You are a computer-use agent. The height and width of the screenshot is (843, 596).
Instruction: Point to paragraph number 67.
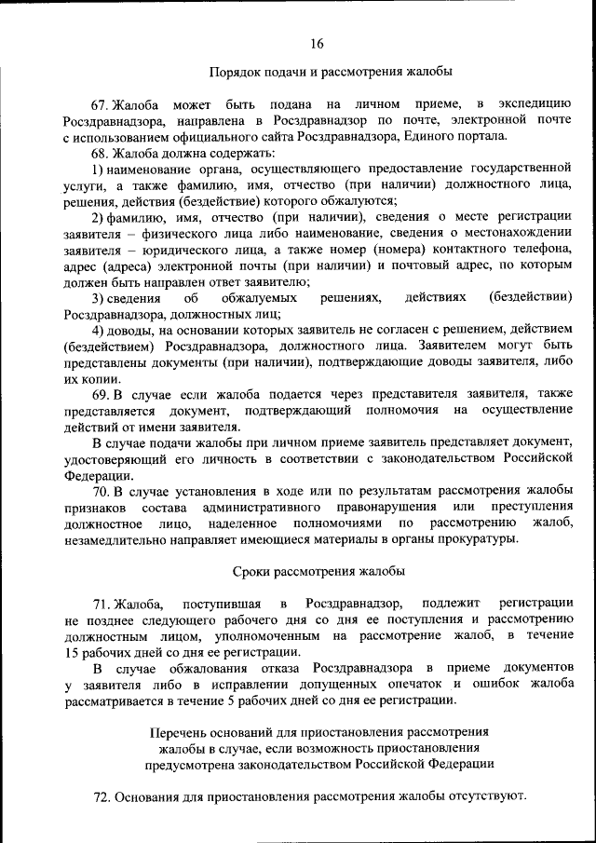(101, 102)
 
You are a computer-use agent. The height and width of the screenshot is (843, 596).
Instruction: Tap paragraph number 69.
(102, 395)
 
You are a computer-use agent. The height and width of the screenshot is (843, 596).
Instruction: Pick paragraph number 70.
(102, 490)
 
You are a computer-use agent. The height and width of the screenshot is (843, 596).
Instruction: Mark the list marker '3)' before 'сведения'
(97, 298)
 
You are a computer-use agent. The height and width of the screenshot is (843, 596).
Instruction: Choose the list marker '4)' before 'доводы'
(97, 331)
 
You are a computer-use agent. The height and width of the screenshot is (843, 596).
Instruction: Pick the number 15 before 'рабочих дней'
(73, 652)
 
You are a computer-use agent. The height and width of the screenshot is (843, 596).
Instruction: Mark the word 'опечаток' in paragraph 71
(416, 685)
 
